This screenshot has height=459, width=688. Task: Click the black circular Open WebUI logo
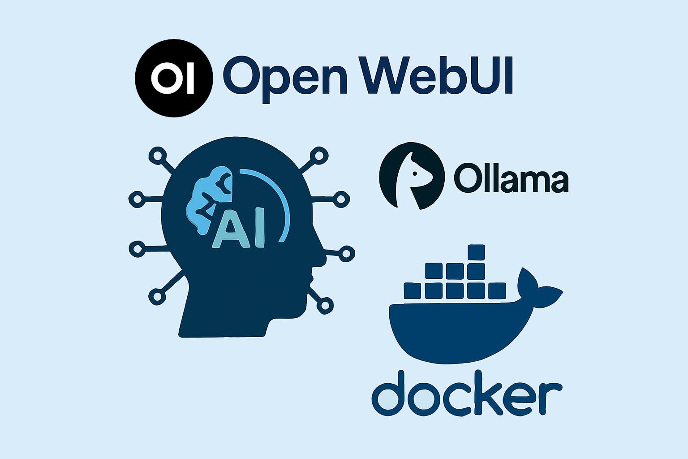coord(174,78)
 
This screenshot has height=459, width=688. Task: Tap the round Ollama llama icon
coord(412,176)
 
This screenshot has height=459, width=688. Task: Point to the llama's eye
coord(415,174)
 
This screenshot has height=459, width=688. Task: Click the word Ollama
coord(511,178)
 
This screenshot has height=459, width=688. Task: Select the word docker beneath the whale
coord(467,393)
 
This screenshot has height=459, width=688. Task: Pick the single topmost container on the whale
coord(476,252)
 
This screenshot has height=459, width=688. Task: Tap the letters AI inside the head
coord(238,228)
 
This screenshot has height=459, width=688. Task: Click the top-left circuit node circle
coord(158,156)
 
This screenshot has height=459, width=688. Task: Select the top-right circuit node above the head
coord(319,156)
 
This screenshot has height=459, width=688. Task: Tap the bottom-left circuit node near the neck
coord(157,296)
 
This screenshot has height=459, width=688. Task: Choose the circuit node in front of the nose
coord(346,254)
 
